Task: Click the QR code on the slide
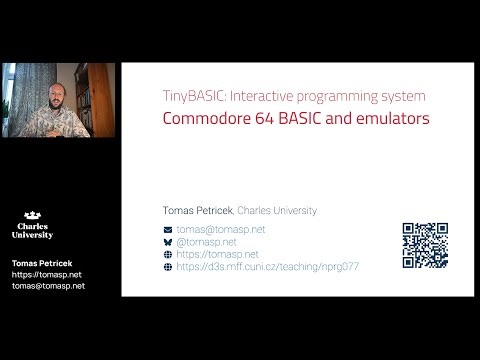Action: [425, 245]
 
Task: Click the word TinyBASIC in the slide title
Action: [188, 96]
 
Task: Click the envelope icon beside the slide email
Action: [168, 230]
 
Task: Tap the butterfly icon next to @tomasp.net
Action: [168, 242]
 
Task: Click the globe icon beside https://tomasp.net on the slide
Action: [168, 255]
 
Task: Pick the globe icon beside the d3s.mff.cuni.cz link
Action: [168, 267]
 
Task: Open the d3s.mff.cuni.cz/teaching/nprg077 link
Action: [267, 267]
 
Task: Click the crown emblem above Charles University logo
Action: [33, 214]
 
